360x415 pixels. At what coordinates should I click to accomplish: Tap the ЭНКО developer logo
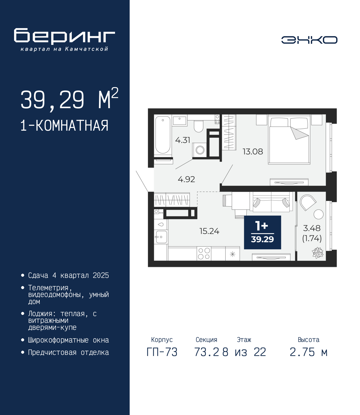click(x=309, y=40)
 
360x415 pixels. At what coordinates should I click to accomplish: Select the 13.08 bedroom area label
click(x=253, y=151)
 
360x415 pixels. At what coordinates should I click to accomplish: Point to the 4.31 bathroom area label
click(x=183, y=140)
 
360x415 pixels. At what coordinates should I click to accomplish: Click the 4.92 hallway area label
click(x=186, y=179)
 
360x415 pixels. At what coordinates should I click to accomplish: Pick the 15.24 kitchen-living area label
click(x=209, y=231)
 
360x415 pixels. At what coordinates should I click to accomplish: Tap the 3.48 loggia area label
click(x=312, y=228)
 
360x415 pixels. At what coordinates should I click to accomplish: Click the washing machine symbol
click(x=200, y=150)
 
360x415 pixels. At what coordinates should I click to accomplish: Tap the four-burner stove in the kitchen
click(x=204, y=253)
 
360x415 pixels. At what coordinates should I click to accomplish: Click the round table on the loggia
click(x=319, y=214)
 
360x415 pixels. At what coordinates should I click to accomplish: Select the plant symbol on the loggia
click(x=318, y=253)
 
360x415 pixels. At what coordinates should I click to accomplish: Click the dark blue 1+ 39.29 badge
click(x=262, y=232)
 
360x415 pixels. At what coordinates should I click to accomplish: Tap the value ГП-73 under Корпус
click(x=162, y=352)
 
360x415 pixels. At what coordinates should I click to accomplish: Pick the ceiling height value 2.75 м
click(x=309, y=352)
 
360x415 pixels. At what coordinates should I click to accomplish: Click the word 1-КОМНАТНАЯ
click(x=64, y=126)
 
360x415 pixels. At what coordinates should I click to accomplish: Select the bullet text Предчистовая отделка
click(x=68, y=352)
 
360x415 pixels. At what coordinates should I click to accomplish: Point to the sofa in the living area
click(x=271, y=201)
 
